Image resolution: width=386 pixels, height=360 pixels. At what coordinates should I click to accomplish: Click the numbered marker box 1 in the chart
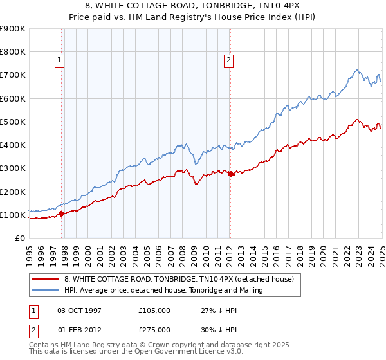pos(59,61)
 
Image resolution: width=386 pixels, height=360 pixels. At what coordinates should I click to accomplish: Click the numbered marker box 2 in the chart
pos(228,61)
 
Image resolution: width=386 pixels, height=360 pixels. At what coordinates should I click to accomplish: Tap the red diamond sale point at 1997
pos(62,213)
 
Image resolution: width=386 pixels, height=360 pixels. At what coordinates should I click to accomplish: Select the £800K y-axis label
pos(13,52)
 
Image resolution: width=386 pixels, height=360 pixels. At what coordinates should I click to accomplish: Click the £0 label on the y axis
pos(19,238)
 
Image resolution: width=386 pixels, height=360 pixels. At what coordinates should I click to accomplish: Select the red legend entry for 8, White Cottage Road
pos(179,279)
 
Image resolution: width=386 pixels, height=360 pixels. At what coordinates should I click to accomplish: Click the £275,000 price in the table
pos(154,328)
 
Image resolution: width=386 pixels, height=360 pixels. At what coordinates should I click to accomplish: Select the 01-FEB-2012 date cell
pos(80,328)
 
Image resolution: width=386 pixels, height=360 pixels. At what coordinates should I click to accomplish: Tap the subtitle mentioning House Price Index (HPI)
pos(193,19)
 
